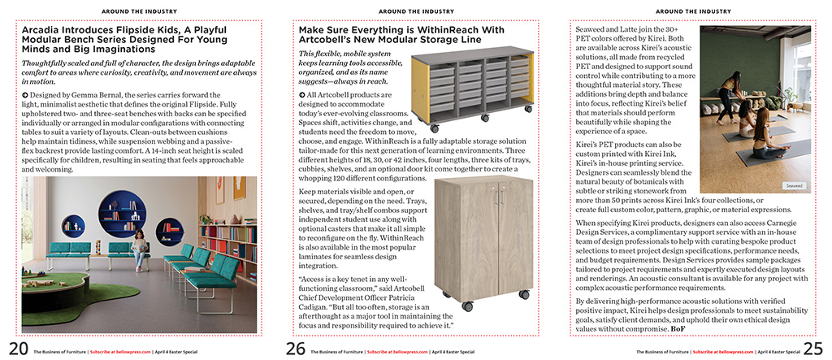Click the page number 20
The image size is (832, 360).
click(15, 348)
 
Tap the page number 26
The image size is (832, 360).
click(295, 348)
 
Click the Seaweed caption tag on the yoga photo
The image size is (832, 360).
click(794, 185)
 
